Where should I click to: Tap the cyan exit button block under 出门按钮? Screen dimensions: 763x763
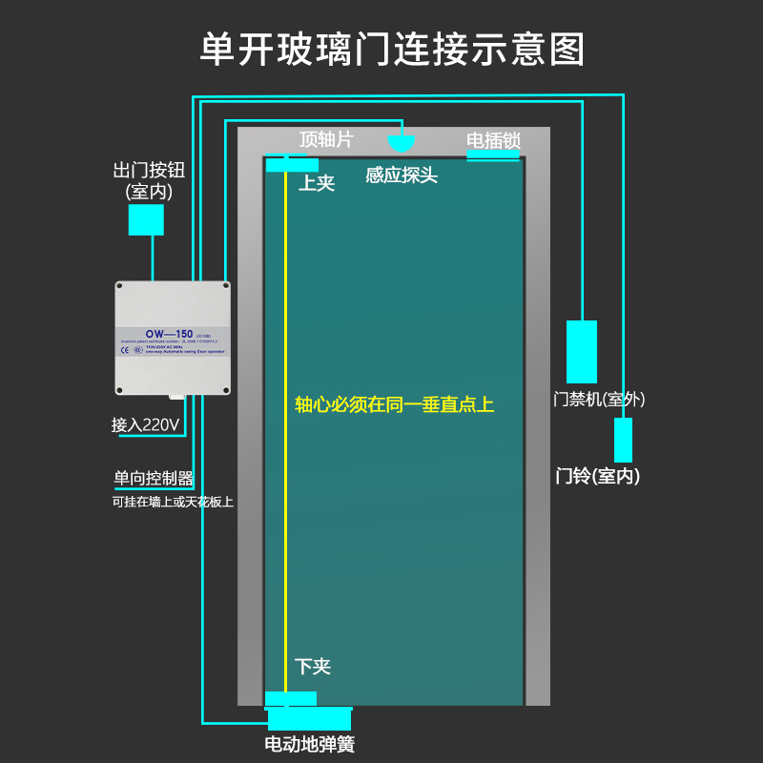pos(146,220)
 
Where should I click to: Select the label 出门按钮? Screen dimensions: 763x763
pos(148,172)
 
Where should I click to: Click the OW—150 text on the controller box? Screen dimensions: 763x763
pos(170,334)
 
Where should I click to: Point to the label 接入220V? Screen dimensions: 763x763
pos(146,425)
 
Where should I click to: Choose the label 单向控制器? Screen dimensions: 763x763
pos(154,479)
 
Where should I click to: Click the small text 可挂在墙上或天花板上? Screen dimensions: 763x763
pos(173,502)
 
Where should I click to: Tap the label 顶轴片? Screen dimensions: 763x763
pos(326,140)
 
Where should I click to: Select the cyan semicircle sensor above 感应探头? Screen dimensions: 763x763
pos(402,143)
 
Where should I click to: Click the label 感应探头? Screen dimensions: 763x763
pos(402,175)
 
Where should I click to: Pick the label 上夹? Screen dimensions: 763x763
pos(317,183)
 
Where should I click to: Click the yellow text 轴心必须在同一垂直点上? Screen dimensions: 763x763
pos(394,404)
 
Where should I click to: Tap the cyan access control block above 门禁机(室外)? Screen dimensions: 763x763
pos(582,351)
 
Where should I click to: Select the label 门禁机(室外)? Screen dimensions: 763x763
pos(600,400)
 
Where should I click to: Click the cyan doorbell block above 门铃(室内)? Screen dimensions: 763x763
pos(623,440)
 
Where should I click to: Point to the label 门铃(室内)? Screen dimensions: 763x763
pos(598,475)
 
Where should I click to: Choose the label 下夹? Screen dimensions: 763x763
pos(313,667)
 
